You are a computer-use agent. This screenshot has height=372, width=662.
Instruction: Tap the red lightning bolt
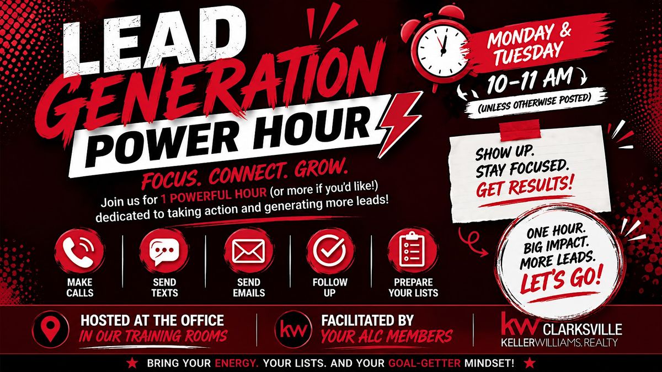pyautogui.click(x=399, y=124)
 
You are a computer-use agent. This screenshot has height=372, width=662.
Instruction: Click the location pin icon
pyautogui.click(x=51, y=329)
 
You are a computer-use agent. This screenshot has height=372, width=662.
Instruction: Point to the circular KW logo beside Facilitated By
pyautogui.click(x=293, y=329)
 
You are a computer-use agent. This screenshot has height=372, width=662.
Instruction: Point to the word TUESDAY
pyautogui.click(x=528, y=55)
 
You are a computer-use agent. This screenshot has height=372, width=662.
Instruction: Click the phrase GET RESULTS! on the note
pyautogui.click(x=525, y=186)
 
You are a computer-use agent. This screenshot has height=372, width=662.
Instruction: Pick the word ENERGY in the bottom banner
pyautogui.click(x=237, y=363)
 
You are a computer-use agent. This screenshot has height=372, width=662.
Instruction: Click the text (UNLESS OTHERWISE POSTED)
pyautogui.click(x=535, y=104)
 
